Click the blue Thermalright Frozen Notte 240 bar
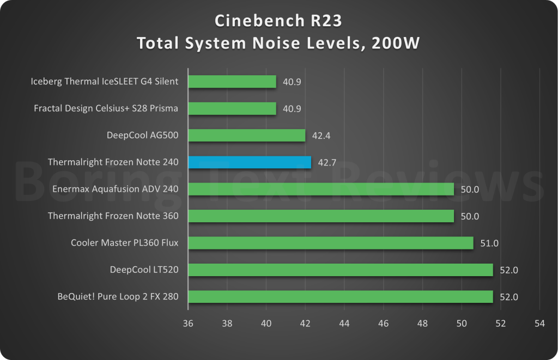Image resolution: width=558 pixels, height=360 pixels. (x=250, y=162)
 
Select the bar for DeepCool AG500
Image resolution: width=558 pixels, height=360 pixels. (x=246, y=135)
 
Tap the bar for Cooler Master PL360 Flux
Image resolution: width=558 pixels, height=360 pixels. (x=331, y=243)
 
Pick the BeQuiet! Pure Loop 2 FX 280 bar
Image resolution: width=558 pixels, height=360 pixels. (x=341, y=297)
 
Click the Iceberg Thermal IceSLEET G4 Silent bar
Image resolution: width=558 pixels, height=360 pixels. (x=232, y=82)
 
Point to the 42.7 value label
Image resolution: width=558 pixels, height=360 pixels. (x=327, y=162)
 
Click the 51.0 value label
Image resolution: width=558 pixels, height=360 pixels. (x=489, y=243)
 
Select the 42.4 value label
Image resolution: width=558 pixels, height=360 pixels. (x=322, y=135)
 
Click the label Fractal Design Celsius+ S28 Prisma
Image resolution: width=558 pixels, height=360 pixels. (x=106, y=108)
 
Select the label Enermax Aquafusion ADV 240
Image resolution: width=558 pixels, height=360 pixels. (x=115, y=190)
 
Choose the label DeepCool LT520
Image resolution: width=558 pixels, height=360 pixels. (x=144, y=270)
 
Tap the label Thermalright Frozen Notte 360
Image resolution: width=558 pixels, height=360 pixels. (x=113, y=216)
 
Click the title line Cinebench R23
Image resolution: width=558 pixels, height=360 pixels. (x=278, y=21)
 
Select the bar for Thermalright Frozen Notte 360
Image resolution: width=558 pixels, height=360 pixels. (x=321, y=216)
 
